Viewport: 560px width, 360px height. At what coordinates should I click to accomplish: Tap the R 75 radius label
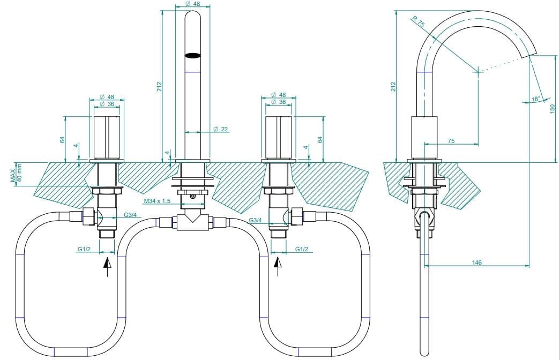(418, 21)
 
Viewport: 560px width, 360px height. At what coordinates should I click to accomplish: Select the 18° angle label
(535, 99)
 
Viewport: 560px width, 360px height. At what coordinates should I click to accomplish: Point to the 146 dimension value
(477, 262)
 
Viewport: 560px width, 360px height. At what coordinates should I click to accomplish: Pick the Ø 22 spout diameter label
(221, 129)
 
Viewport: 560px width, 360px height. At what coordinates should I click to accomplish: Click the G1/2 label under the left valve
(84, 249)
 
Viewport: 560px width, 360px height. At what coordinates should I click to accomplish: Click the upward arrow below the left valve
(108, 266)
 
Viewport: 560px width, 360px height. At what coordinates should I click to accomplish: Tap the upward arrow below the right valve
(278, 266)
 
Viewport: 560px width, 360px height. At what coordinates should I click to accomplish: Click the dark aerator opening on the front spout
(192, 55)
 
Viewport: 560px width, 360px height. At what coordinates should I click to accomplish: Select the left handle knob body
(107, 137)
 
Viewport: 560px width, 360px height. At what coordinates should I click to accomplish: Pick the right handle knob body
(278, 137)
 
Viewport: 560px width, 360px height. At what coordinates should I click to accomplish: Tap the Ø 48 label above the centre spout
(192, 4)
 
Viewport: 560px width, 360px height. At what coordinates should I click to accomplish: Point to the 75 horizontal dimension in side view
(451, 141)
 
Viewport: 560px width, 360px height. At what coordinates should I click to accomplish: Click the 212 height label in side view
(393, 86)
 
